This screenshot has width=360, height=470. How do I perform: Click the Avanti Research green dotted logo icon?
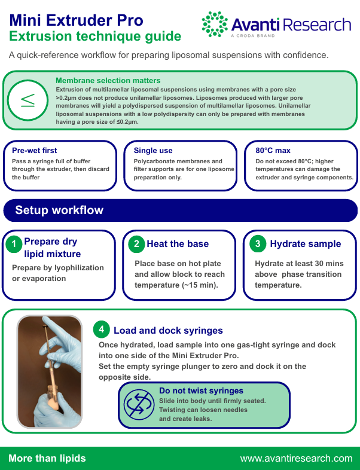[215, 25]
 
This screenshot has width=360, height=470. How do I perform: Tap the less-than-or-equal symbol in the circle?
[28, 100]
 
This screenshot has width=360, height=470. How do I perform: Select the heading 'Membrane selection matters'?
[108, 80]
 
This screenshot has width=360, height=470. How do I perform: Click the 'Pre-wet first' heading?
[35, 150]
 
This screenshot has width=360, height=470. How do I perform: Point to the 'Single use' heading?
[153, 150]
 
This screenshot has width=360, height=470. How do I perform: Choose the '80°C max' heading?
[273, 150]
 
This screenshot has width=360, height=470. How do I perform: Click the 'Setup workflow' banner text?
[59, 210]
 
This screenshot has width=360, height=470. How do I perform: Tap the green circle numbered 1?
[14, 244]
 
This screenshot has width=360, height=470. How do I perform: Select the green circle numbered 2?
[136, 244]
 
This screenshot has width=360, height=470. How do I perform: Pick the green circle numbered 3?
[258, 244]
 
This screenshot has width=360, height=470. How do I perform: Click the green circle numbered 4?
[101, 329]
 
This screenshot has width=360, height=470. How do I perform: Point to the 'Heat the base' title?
[178, 244]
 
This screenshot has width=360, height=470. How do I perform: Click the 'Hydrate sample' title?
[306, 244]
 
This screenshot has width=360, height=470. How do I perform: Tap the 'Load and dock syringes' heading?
[168, 330]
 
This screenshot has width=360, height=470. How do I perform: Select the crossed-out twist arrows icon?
[139, 405]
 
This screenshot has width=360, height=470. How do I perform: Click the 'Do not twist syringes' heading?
[201, 390]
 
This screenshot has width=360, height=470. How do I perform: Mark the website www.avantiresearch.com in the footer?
[297, 458]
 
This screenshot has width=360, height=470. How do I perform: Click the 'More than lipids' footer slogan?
[47, 458]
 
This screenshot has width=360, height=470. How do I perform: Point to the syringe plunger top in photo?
[46, 326]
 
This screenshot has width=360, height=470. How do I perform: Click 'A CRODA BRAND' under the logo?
[253, 36]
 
